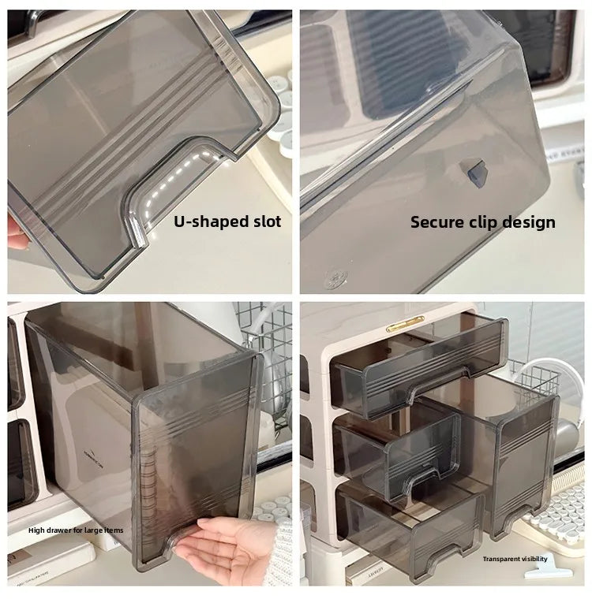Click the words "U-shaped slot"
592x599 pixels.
pos(227,221)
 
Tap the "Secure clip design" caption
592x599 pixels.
pos(482,222)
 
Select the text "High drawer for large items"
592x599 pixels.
pos(76,530)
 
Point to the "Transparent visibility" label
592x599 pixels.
pos(515,559)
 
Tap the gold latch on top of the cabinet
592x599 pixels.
pos(404,322)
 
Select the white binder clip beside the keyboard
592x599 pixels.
pos(566,566)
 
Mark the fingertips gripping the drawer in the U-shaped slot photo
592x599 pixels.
pos(13,233)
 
